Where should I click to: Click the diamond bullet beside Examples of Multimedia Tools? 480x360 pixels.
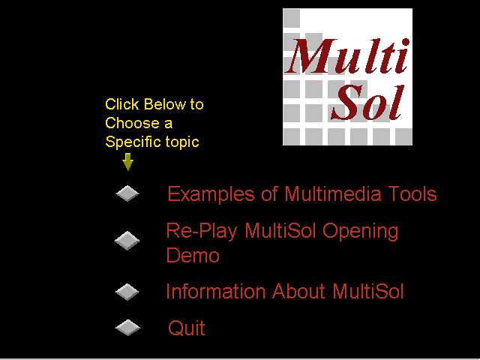tap(127, 193)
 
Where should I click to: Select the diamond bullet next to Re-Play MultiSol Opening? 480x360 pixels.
tap(127, 241)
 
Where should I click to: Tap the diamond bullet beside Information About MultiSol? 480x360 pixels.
tap(127, 292)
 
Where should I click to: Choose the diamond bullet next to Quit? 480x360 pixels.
tap(127, 328)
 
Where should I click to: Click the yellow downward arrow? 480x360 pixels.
tap(128, 162)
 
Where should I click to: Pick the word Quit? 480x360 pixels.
tap(187, 328)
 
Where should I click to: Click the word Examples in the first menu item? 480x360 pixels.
tap(211, 194)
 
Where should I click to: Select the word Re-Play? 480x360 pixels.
tap(202, 231)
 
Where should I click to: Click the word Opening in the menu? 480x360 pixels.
tap(360, 232)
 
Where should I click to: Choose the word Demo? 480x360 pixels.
tap(193, 255)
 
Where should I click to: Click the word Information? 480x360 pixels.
tap(215, 291)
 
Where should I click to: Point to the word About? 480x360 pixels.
tap(298, 291)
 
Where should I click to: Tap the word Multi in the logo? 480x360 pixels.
tap(347, 56)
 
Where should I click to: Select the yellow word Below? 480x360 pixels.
tap(165, 104)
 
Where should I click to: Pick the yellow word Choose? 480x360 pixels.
tap(132, 123)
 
